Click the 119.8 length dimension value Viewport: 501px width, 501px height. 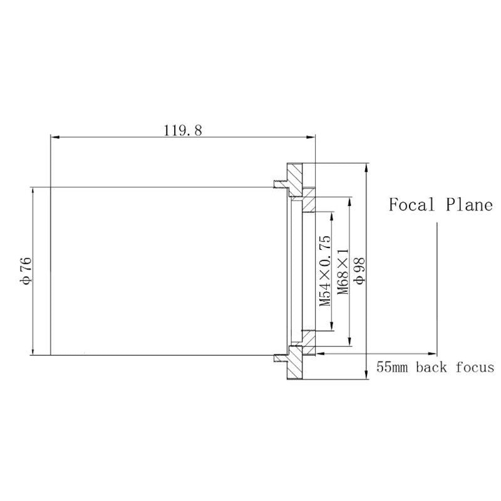[183, 130]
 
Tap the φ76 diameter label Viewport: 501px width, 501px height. [26, 271]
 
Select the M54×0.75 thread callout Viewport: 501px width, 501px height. [325, 271]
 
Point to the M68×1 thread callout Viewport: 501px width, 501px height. [343, 272]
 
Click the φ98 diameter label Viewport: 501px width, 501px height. [359, 271]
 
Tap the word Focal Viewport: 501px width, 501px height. [412, 205]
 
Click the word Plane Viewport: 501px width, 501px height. [469, 205]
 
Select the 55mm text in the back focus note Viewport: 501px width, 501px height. [392, 367]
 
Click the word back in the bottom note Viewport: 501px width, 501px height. [431, 367]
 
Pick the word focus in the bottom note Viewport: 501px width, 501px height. [475, 367]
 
